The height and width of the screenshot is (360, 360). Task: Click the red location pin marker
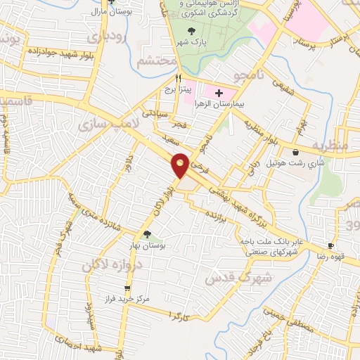(180, 165)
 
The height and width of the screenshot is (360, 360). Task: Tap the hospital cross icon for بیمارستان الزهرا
(218, 93)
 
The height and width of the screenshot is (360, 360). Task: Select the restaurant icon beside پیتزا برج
(179, 79)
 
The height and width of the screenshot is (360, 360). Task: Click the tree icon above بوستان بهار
(147, 235)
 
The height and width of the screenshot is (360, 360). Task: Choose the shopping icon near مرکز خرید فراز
(127, 288)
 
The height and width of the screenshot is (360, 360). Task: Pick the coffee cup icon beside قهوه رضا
(330, 246)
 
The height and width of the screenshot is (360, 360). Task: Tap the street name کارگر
(182, 313)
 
